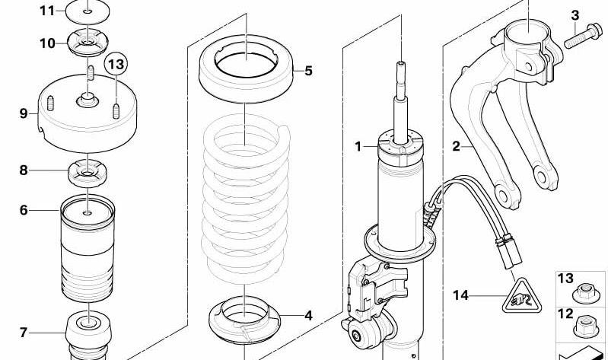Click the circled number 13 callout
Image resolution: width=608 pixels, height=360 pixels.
[x=116, y=63]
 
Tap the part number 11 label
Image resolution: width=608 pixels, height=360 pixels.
[x=47, y=11]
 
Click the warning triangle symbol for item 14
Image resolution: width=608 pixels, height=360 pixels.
[x=521, y=296]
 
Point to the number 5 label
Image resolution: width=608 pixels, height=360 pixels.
[x=308, y=71]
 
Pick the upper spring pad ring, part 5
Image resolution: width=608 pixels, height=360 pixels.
[x=246, y=69]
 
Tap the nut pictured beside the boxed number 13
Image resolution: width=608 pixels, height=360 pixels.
[x=585, y=293]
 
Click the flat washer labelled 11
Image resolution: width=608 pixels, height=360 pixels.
[x=88, y=12]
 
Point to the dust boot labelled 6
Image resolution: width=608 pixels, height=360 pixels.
[x=88, y=249]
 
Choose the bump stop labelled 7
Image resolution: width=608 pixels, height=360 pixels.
[x=88, y=336]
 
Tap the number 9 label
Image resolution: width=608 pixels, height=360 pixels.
[x=24, y=113]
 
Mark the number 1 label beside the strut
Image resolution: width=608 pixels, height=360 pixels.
[x=358, y=147]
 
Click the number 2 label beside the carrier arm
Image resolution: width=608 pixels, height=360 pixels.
[x=456, y=146]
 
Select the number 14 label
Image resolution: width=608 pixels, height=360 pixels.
[x=460, y=295]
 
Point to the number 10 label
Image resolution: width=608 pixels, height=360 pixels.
[x=47, y=43]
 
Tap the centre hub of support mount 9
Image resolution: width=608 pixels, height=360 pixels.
[x=88, y=100]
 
